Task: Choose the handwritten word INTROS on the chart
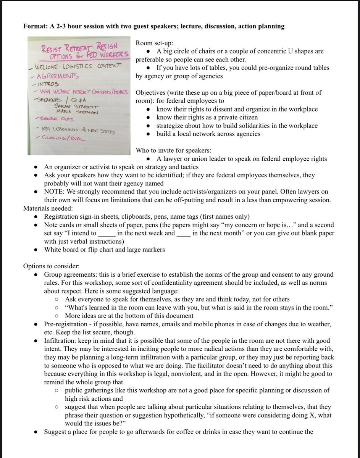click(48, 84)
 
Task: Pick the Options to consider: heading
click(51, 266)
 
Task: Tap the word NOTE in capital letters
click(53, 192)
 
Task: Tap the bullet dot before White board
click(36, 250)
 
